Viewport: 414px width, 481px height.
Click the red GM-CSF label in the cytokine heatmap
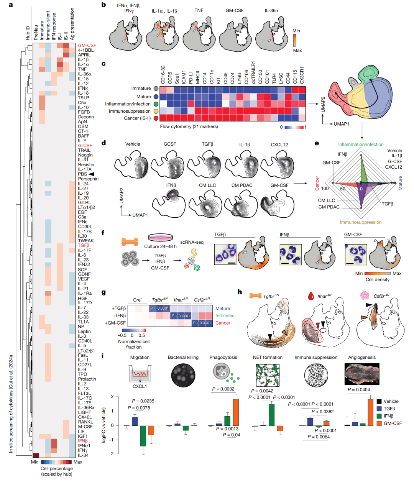(x=87, y=46)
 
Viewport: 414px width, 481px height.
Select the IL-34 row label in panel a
(x=83, y=455)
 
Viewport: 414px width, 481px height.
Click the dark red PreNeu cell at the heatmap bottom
(x=36, y=455)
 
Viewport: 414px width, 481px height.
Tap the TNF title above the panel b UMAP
(x=199, y=10)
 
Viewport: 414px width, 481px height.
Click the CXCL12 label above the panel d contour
(x=279, y=144)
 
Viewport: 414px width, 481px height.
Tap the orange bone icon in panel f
(x=130, y=242)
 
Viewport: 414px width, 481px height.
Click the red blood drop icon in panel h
(x=310, y=295)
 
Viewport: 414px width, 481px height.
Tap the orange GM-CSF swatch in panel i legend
(x=379, y=424)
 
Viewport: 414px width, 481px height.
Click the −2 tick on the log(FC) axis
(x=112, y=454)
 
